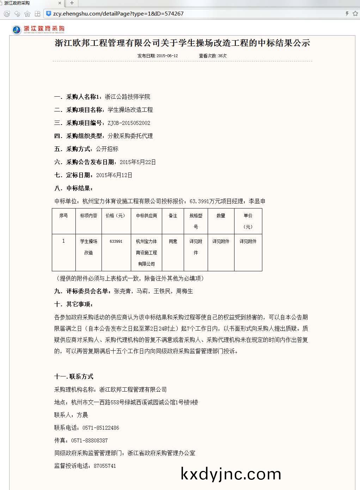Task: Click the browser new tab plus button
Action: (72, 3)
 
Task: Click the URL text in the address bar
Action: (118, 14)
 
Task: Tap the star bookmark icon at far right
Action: (355, 14)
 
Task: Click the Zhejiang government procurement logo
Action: (38, 29)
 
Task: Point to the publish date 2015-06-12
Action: (167, 56)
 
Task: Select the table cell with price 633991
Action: (116, 241)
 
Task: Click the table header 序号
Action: (63, 216)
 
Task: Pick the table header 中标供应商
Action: (146, 216)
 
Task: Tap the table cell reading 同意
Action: (173, 241)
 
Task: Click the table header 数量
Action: (221, 216)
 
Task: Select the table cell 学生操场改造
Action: (89, 247)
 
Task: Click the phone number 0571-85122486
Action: (100, 428)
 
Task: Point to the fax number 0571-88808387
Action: (89, 440)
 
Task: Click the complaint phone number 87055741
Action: (105, 466)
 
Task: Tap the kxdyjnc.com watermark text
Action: (231, 474)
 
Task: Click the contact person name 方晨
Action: (82, 415)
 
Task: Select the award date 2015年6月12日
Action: (114, 175)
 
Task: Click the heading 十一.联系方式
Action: (74, 376)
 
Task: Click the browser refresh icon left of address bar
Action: (6, 14)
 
